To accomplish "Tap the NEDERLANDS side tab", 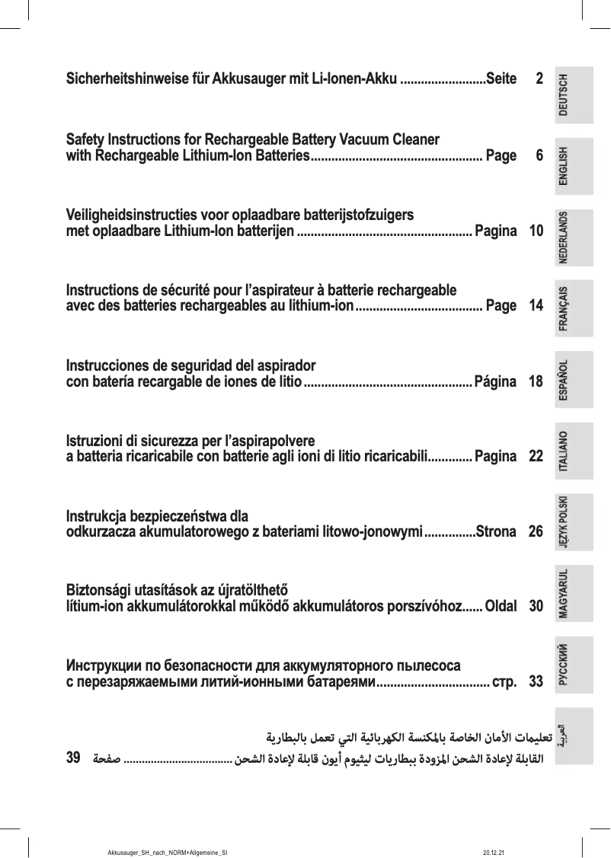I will [x=574, y=238].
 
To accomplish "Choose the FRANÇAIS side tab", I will [x=574, y=309].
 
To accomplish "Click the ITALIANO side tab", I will [x=574, y=451].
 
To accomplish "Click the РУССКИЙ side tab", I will [x=574, y=665].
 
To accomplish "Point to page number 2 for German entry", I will [x=539, y=78].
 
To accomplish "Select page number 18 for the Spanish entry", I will [x=536, y=381].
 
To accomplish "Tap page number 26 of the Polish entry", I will [x=536, y=531].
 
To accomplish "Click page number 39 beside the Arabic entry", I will [x=74, y=758].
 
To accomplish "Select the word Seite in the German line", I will [x=501, y=78].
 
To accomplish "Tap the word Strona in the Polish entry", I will [x=495, y=531].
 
